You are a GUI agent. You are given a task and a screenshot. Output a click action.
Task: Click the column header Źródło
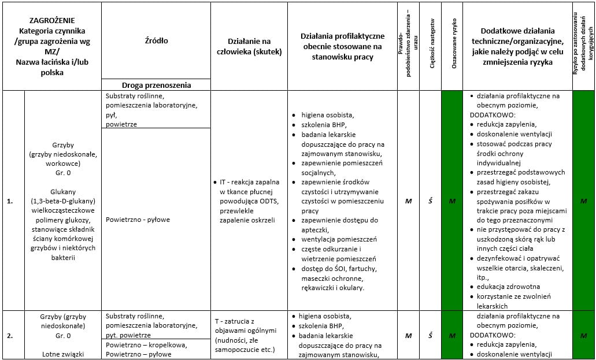(156, 41)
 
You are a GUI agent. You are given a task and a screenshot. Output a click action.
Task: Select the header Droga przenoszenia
(156, 85)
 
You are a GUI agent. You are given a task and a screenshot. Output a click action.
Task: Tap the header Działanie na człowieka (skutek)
(249, 46)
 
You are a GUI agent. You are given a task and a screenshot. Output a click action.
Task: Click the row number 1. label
(10, 201)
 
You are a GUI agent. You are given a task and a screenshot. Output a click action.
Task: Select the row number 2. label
(10, 335)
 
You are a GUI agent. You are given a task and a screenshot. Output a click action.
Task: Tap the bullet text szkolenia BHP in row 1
(320, 124)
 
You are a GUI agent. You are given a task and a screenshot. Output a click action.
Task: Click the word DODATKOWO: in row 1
(491, 114)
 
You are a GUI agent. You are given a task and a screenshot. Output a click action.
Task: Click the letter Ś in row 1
(430, 201)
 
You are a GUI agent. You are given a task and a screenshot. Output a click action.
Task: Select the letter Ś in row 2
(430, 335)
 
